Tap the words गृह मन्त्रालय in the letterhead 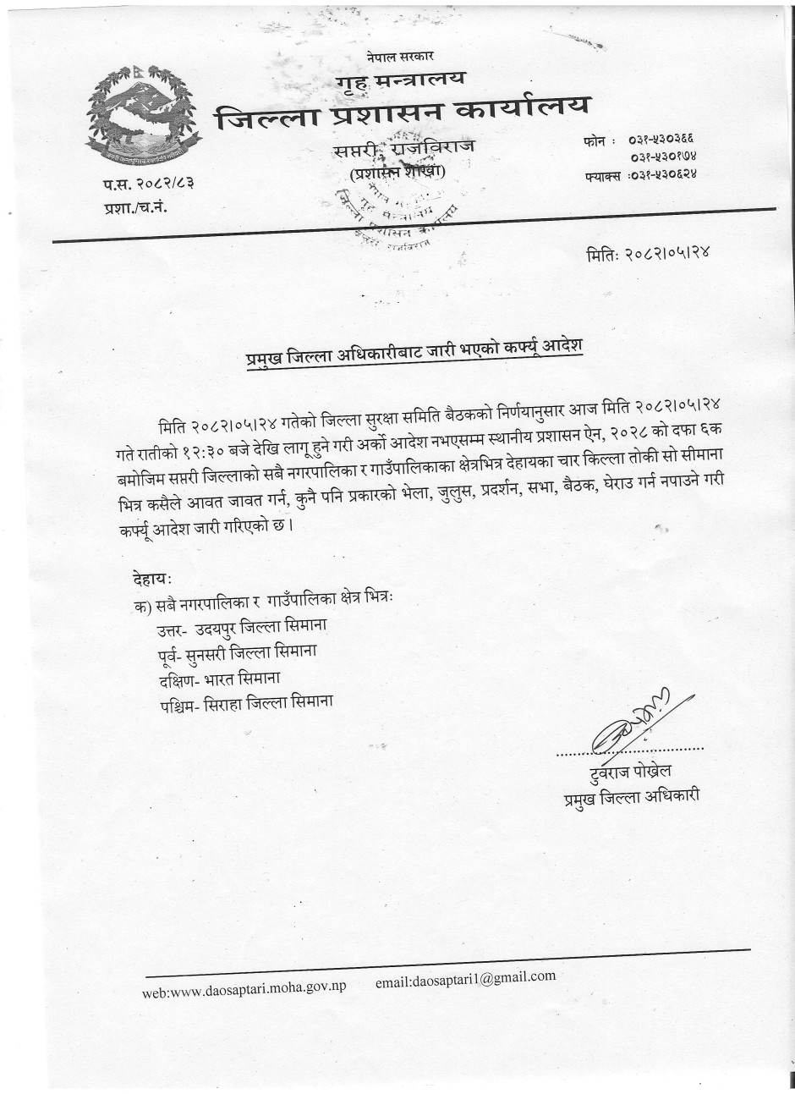pos(400,80)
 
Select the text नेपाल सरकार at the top pos(400,57)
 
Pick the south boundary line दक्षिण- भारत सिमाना pos(218,678)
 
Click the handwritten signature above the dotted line pos(630,724)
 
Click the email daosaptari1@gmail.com pos(465,979)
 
